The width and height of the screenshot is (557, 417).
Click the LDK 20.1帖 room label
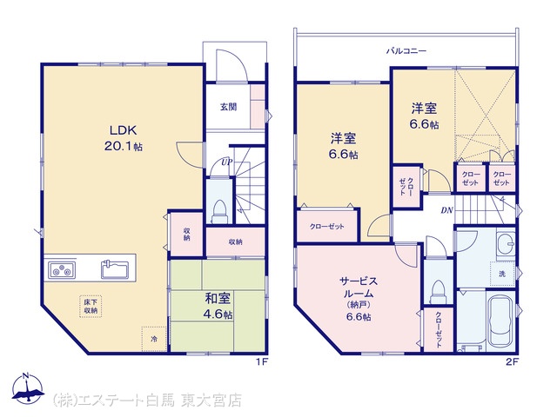point(123,138)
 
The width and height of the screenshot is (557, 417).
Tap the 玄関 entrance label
point(228,106)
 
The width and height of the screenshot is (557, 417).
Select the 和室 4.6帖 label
point(218,307)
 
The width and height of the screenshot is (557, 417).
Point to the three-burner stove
point(62,270)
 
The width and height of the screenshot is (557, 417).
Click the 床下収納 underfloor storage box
point(91,307)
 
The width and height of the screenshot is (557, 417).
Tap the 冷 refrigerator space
point(154,339)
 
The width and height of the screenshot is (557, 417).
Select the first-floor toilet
point(218,212)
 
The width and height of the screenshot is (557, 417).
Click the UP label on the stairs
point(227,162)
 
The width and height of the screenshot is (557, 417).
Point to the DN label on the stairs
point(446,210)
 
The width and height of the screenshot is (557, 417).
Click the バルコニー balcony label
point(406,51)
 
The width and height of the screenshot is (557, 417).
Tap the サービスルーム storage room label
point(359,299)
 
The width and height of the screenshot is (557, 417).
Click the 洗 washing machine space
point(502,274)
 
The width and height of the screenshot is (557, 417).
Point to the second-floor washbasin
point(506,243)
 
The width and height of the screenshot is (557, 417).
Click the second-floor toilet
point(437,291)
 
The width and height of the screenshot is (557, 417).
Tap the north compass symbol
point(28,388)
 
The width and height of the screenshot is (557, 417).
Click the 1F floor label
point(262,362)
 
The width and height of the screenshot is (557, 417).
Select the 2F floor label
point(513,362)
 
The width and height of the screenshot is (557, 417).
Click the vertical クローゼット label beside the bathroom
point(439,329)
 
